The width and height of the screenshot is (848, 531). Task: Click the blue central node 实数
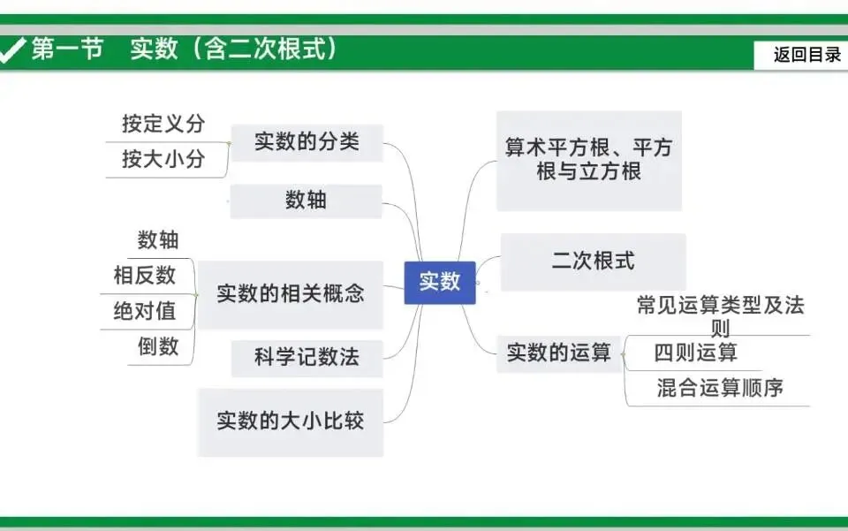(x=440, y=282)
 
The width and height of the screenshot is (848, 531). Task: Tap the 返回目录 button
(x=807, y=55)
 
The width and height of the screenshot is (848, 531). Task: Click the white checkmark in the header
(x=12, y=50)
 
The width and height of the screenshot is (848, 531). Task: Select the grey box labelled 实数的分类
(x=307, y=142)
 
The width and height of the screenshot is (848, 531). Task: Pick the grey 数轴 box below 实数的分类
(x=306, y=201)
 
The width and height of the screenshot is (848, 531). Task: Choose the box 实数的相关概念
(x=290, y=294)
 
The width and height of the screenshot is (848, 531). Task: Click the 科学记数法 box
(x=307, y=358)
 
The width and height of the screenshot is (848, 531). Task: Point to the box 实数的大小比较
(x=290, y=421)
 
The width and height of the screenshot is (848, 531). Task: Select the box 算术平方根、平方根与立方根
(x=588, y=159)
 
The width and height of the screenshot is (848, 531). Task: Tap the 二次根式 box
(x=593, y=262)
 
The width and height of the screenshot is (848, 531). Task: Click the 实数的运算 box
(x=558, y=353)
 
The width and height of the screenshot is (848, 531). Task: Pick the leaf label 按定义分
(x=163, y=124)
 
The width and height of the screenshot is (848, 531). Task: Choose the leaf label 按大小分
(x=163, y=159)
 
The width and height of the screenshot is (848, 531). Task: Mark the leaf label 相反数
(x=145, y=276)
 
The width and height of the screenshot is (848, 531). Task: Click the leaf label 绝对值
(x=145, y=311)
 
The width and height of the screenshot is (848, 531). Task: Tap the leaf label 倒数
(x=158, y=346)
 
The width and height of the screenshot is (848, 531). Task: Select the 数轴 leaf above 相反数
(x=158, y=239)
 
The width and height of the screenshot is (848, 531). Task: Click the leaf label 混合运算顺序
(x=720, y=387)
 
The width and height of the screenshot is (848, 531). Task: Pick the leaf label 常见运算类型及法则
(x=720, y=316)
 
